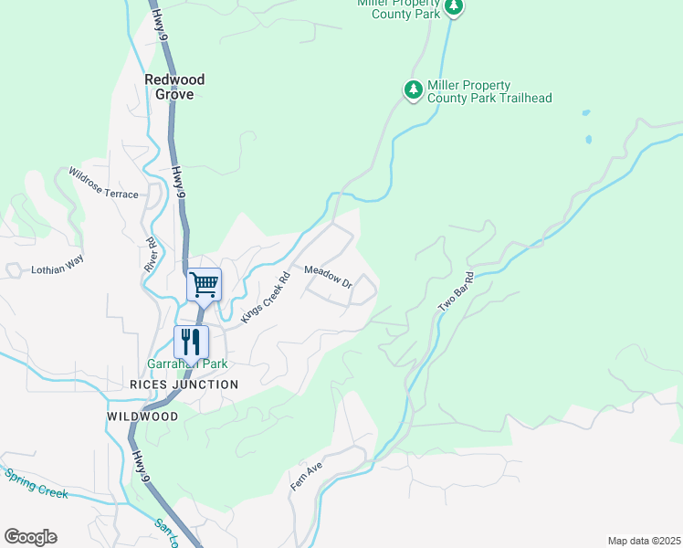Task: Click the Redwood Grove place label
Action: coord(174,87)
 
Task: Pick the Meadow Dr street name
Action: coord(328,276)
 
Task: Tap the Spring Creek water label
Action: coord(37,483)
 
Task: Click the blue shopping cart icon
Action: coord(205,284)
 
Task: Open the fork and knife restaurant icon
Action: coord(191,342)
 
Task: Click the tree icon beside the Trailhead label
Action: coord(413,90)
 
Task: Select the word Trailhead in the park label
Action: coord(520,98)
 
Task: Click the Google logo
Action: coord(30,537)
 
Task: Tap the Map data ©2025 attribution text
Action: coord(644,541)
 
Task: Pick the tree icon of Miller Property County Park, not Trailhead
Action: coord(454,8)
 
